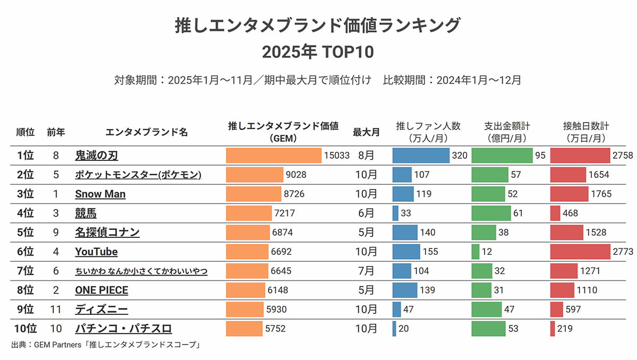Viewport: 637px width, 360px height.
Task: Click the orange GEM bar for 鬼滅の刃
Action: tap(273, 156)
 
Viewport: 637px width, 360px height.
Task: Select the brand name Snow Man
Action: tap(100, 194)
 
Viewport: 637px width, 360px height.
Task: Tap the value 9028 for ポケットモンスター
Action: tap(296, 175)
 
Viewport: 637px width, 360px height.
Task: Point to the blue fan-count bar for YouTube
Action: tap(406, 252)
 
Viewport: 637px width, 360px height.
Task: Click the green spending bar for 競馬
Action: tap(491, 213)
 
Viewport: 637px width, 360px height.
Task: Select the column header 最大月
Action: tap(366, 132)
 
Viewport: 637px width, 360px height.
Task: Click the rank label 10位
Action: tap(24, 329)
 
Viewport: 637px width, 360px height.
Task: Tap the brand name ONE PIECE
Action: tap(101, 290)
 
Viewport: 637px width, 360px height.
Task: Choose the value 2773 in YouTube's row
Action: tap(623, 252)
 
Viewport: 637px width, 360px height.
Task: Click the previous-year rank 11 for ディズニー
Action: tap(56, 310)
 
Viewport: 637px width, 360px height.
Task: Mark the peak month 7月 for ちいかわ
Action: tap(366, 271)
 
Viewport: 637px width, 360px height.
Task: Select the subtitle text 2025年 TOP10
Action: tap(318, 52)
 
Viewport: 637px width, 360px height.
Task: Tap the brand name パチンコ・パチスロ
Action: tap(123, 329)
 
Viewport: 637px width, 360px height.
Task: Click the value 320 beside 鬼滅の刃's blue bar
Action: tap(460, 156)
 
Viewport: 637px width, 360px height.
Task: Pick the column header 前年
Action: tap(56, 132)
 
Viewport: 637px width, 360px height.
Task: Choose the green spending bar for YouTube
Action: tap(475, 252)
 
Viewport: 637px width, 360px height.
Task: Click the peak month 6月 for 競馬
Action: tap(366, 213)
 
